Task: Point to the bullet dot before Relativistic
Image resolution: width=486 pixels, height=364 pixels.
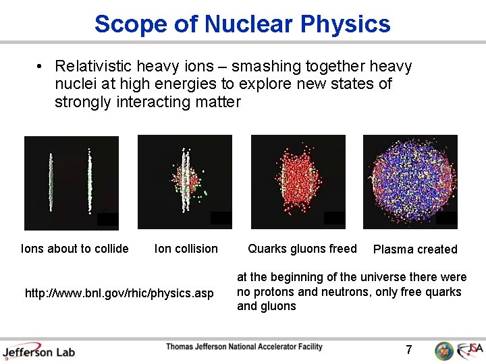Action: pos(40,67)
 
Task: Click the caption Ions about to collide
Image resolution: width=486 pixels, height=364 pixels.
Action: pos(75,249)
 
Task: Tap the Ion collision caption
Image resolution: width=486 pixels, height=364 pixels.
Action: pos(186,249)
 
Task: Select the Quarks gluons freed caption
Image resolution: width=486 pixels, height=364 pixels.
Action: pos(302,249)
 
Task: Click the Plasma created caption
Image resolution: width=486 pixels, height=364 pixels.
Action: pos(415,249)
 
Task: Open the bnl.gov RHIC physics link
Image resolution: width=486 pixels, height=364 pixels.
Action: pos(119,293)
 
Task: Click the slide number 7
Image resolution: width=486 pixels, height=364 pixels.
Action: pos(408,350)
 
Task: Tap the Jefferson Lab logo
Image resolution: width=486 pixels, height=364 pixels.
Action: pos(38,351)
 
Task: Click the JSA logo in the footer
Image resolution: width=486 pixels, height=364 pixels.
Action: pos(470,350)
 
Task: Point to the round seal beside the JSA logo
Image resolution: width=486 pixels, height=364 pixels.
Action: pos(443,351)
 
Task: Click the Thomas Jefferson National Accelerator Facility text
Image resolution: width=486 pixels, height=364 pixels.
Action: pos(244,347)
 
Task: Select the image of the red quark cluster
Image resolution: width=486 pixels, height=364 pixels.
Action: pos(298,183)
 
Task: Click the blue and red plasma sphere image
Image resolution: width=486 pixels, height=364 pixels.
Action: pos(410,183)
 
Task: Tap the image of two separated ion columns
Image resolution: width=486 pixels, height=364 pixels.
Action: pos(71,183)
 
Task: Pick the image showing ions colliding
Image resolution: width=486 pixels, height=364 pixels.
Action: pos(184,183)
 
